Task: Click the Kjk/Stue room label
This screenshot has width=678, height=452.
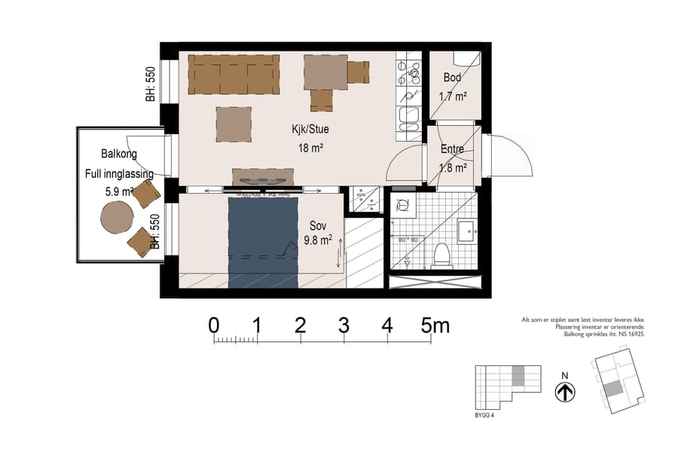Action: [310, 129]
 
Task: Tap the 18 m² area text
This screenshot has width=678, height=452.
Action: [310, 148]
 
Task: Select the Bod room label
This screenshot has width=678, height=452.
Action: [452, 78]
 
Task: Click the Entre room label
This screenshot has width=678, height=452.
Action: [453, 149]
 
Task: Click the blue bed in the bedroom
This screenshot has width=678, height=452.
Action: [263, 241]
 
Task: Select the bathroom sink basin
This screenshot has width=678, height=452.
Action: [466, 231]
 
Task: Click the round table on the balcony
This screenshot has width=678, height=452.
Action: [117, 218]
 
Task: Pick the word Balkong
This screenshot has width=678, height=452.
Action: [119, 154]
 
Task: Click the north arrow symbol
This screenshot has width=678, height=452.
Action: [564, 392]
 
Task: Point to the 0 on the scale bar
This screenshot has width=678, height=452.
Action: [214, 325]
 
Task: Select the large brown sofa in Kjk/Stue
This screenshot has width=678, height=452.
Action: [233, 74]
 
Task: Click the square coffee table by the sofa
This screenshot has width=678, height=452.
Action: [234, 124]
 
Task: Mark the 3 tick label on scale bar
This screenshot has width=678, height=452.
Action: [344, 325]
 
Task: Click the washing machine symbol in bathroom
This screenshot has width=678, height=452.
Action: [402, 204]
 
